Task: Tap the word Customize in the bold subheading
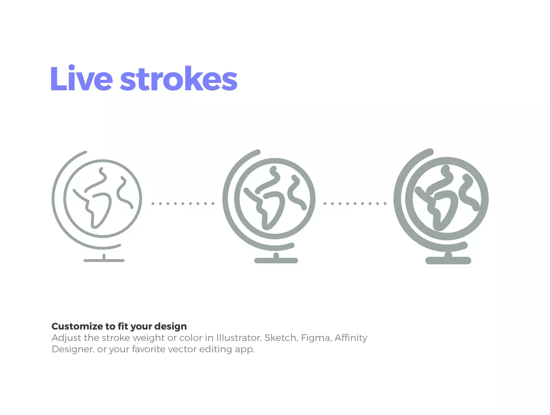77,327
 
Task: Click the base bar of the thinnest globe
104,261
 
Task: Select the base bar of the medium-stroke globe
276,261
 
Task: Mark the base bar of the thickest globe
448,260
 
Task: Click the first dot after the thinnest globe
153,204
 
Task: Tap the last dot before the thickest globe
385,204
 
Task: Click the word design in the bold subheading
170,327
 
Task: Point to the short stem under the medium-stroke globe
276,255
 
